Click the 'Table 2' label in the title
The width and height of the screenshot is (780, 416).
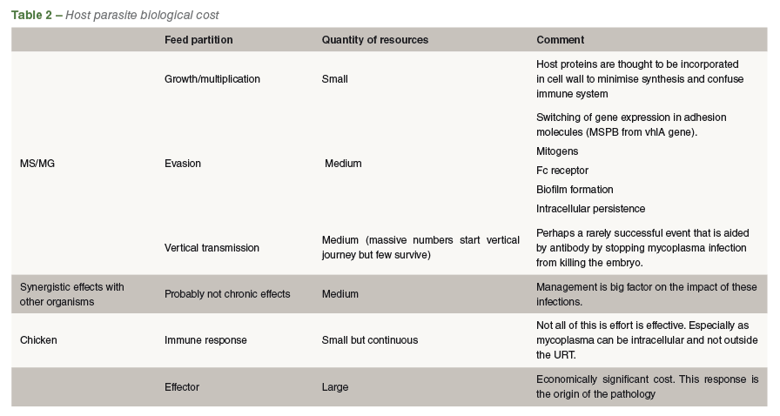point(31,15)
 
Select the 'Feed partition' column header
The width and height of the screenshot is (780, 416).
point(198,40)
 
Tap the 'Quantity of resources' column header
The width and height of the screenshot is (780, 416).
point(374,40)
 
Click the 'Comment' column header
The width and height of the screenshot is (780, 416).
point(560,40)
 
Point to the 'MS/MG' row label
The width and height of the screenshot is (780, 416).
point(37,164)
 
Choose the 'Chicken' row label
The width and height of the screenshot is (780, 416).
point(38,340)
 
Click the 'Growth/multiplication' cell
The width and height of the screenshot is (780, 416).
point(212,79)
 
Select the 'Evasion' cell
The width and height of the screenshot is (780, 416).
point(183,164)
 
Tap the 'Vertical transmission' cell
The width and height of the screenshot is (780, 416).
point(212,248)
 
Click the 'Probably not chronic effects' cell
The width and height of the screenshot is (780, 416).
point(227,294)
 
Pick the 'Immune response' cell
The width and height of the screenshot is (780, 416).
point(205,340)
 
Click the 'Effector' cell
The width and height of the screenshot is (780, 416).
point(182,387)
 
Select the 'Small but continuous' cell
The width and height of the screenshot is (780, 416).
point(370,340)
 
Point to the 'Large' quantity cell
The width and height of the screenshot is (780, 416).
point(335,387)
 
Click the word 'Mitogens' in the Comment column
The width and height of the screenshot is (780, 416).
point(557,151)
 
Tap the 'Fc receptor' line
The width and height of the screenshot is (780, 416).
point(562,171)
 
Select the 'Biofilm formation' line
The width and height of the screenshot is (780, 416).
point(575,190)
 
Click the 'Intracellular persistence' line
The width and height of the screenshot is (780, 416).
point(590,209)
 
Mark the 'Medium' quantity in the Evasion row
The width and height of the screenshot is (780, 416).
point(343,164)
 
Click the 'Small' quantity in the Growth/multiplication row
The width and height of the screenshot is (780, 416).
point(335,79)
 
